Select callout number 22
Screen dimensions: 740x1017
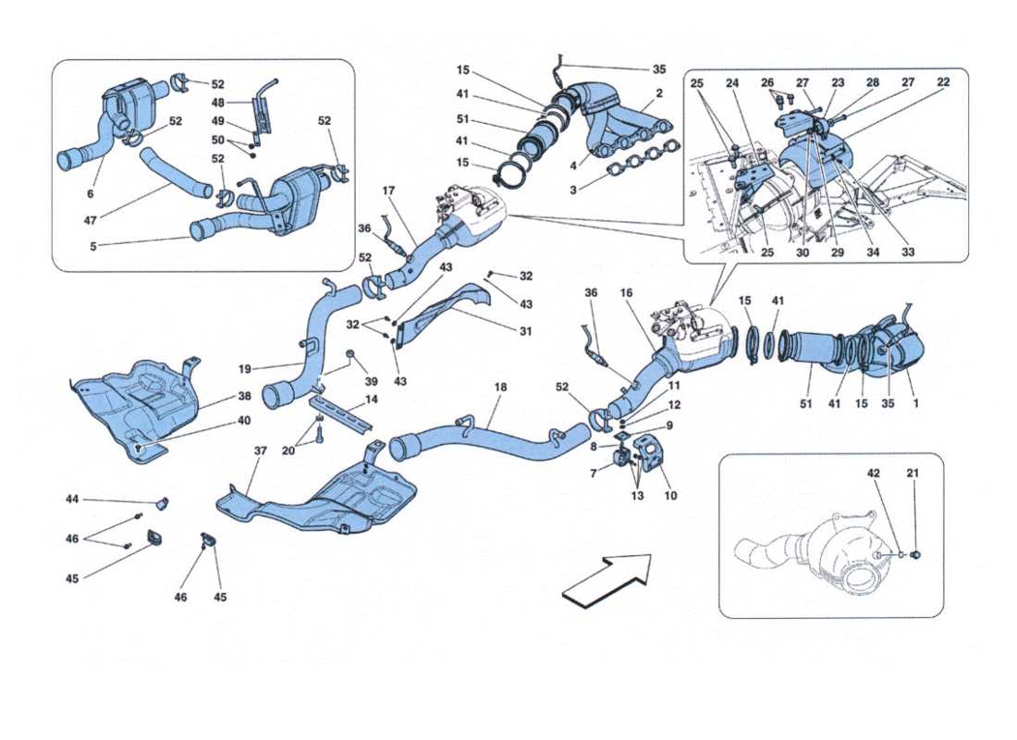tap(943, 82)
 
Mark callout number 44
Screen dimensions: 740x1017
tap(72, 499)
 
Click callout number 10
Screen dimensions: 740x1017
tap(670, 496)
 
